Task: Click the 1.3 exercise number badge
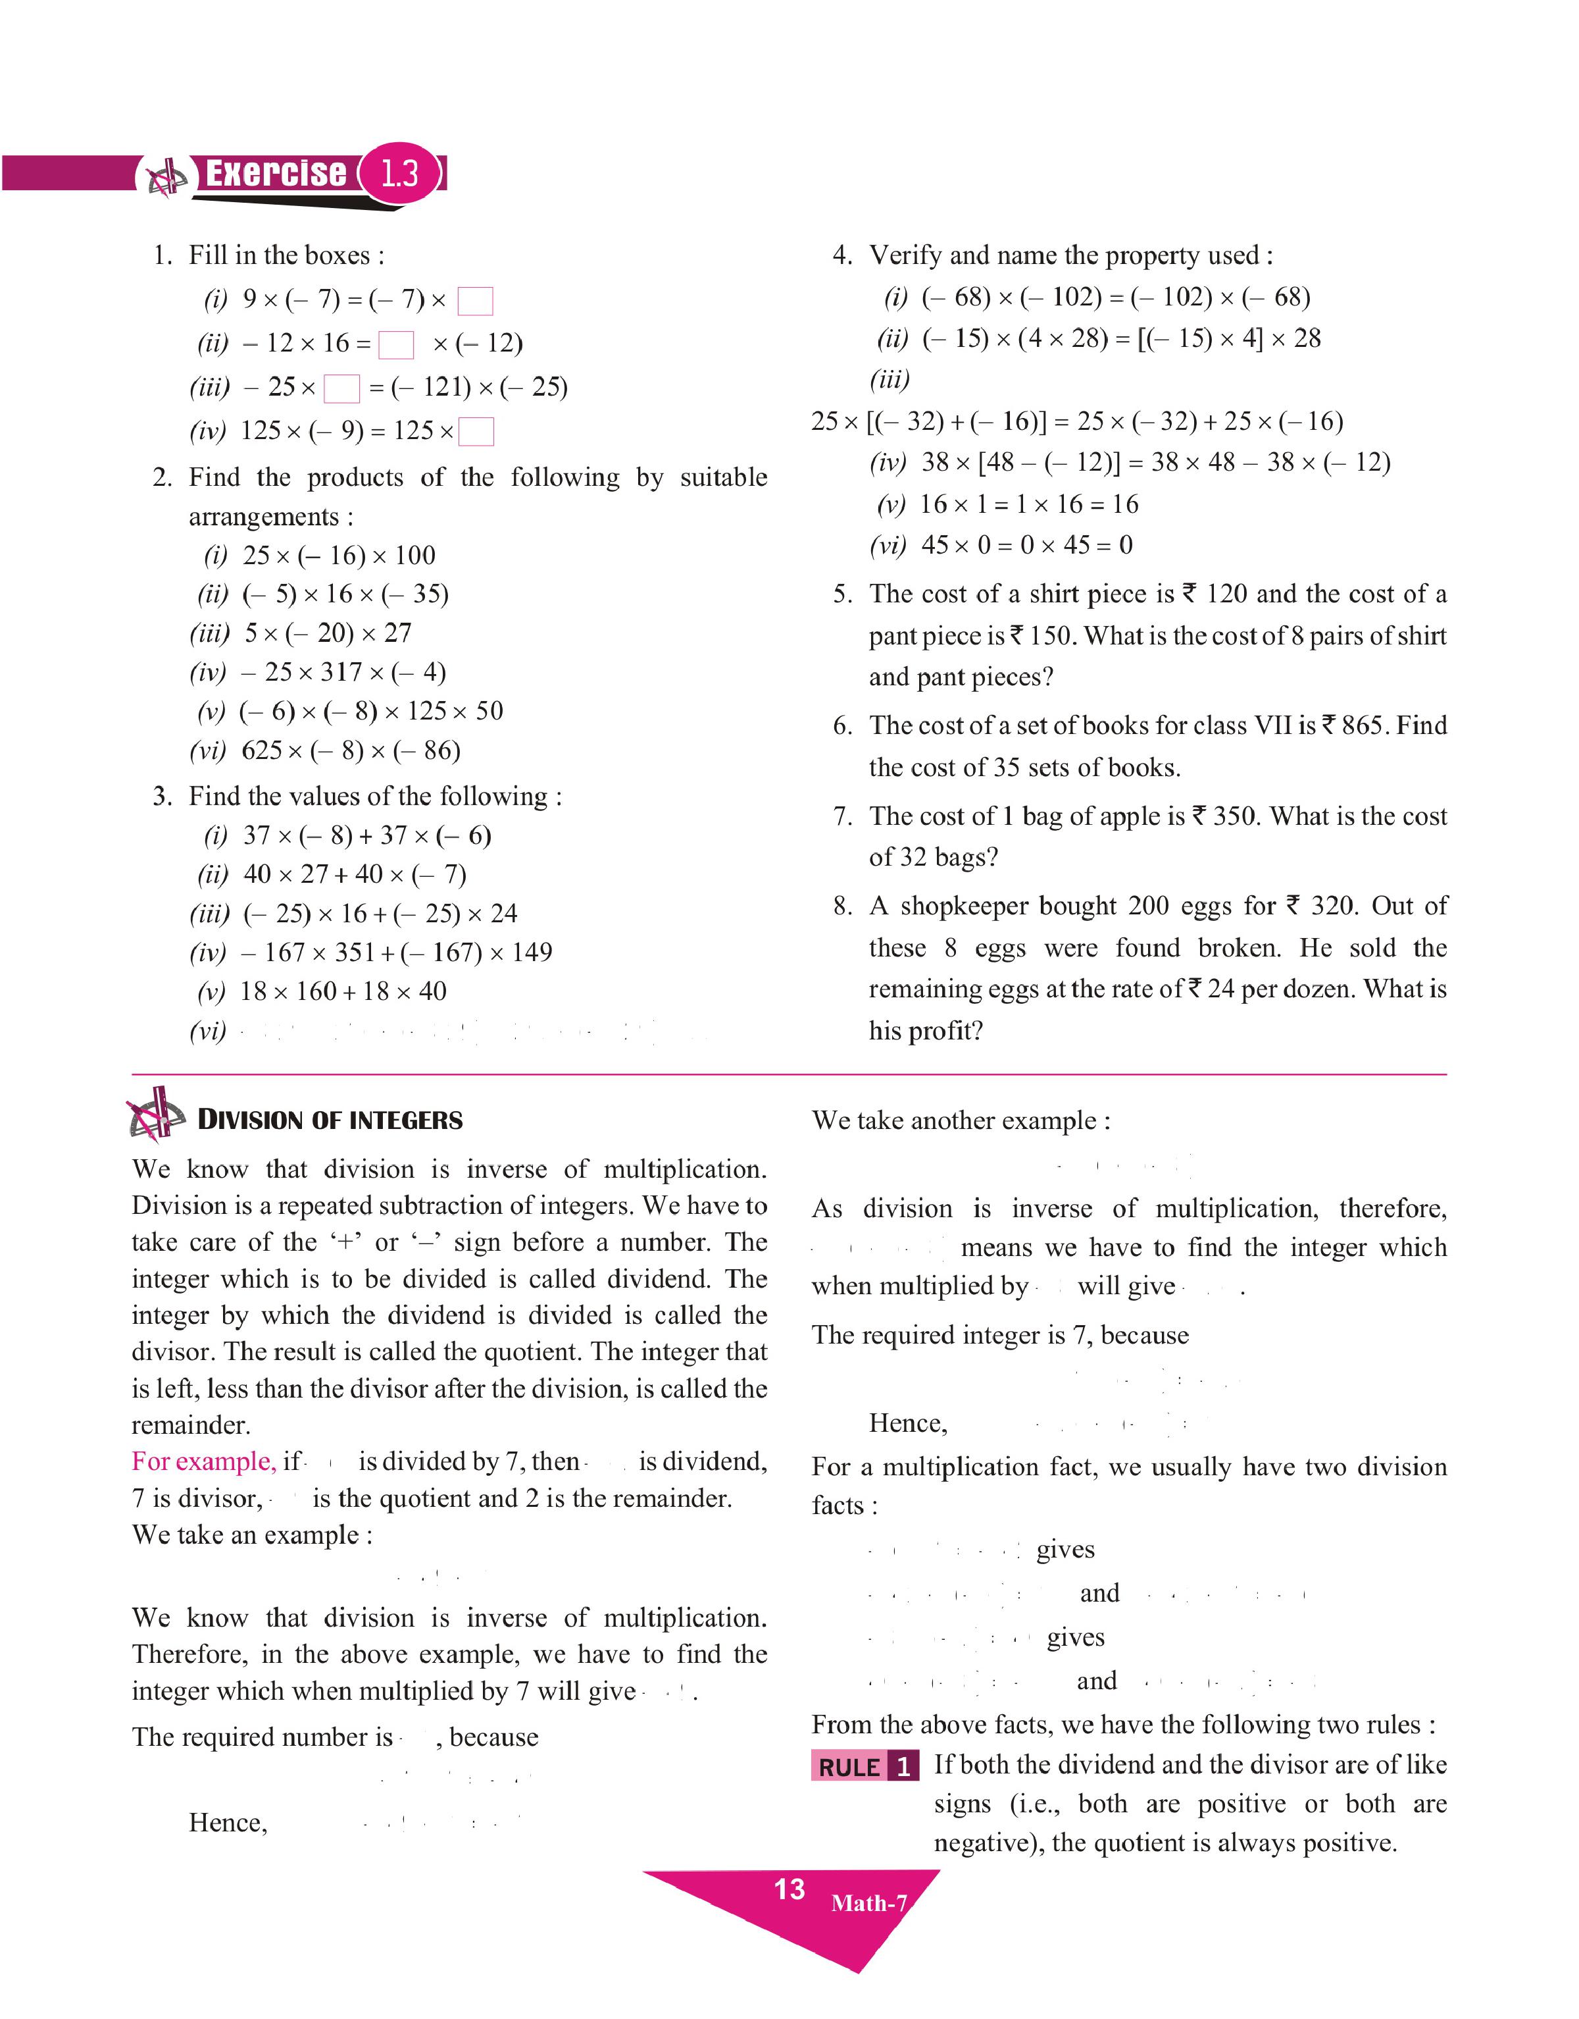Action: pos(399,173)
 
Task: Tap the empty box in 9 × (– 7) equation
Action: pos(475,302)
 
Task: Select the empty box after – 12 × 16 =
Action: pos(397,345)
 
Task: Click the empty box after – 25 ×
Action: pos(341,388)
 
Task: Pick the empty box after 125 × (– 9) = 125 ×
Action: pos(476,432)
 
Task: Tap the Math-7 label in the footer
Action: pos(869,1902)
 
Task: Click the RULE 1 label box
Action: pos(865,1766)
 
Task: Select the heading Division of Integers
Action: pos(330,1120)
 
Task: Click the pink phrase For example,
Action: pos(203,1461)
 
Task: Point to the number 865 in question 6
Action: pos(1365,725)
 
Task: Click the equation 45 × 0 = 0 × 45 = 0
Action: pos(1026,545)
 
